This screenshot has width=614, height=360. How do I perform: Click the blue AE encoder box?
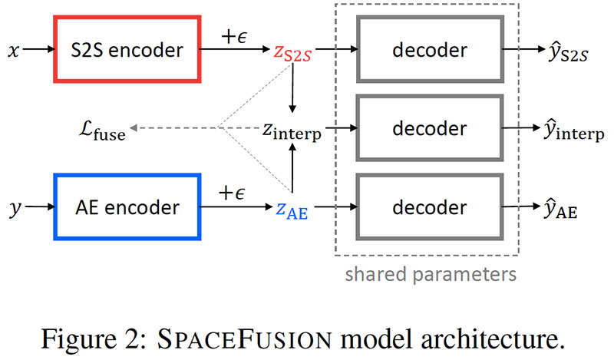(x=127, y=206)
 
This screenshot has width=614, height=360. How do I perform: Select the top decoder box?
(x=429, y=51)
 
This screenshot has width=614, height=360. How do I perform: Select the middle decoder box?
(x=429, y=129)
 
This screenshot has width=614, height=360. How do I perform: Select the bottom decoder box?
(x=429, y=207)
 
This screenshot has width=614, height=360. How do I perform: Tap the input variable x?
(x=13, y=51)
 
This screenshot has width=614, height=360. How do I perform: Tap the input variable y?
(x=13, y=209)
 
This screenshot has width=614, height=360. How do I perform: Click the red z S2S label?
(x=292, y=52)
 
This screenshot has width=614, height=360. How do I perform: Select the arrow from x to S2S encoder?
(x=38, y=51)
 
